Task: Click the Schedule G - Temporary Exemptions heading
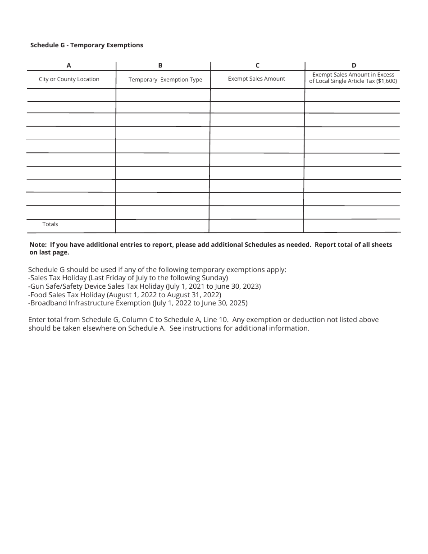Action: [87, 45]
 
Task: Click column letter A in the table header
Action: [69, 65]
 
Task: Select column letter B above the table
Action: [160, 65]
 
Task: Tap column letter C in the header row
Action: [257, 65]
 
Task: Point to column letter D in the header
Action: [354, 65]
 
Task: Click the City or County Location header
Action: [69, 79]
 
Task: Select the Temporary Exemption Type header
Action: [165, 80]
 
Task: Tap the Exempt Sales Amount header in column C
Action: [256, 79]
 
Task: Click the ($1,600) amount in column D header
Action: [387, 81]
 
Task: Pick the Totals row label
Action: [50, 224]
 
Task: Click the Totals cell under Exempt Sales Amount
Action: [256, 226]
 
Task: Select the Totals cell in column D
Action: [352, 226]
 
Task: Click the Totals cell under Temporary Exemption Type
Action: [162, 226]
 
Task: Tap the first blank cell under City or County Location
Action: [71, 95]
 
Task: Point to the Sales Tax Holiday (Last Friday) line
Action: [128, 278]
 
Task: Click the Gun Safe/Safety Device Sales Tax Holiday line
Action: [144, 286]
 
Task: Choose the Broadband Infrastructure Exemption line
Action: [137, 303]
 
